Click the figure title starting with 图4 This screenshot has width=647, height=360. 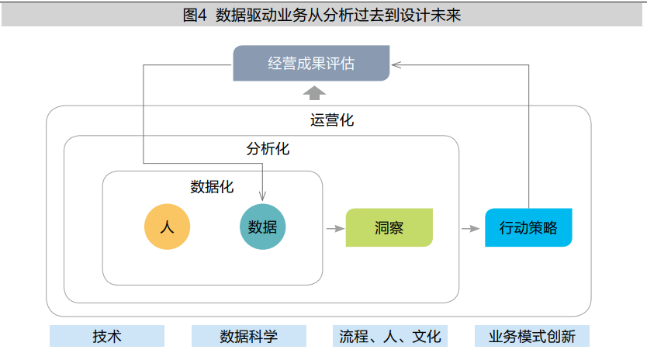[x=322, y=14]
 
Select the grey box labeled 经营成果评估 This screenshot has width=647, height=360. [x=311, y=64]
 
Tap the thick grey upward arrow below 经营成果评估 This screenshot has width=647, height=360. [x=314, y=93]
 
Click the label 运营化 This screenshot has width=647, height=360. [x=332, y=120]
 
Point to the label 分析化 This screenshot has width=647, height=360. [x=268, y=148]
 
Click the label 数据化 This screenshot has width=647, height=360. [x=212, y=186]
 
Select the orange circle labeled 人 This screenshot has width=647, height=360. [x=167, y=227]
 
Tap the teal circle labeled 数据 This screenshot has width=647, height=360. [x=263, y=227]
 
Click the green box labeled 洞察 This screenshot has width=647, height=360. [x=389, y=228]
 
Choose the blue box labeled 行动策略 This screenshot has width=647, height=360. [x=528, y=228]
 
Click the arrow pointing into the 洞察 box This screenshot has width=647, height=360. [x=335, y=229]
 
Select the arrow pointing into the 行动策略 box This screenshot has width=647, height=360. [x=470, y=229]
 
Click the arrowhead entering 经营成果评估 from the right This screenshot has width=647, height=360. [x=394, y=64]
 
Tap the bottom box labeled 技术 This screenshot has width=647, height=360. [x=107, y=336]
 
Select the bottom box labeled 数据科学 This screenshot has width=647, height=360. [x=249, y=336]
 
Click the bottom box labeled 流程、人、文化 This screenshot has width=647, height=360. [x=390, y=336]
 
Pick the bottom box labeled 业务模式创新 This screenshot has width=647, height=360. [x=532, y=336]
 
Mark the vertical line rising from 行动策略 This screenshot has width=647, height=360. [x=529, y=140]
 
